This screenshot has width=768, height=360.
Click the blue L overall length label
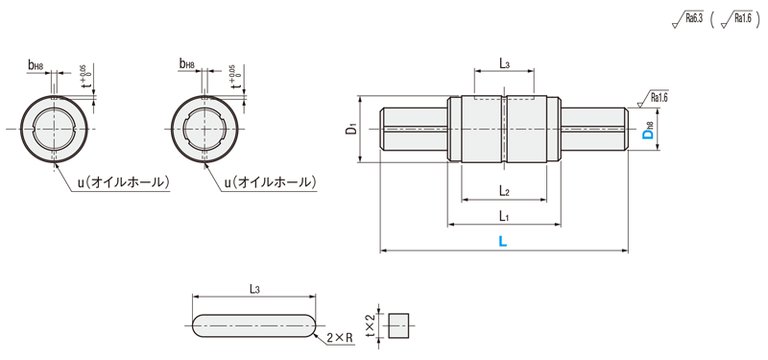point(502,241)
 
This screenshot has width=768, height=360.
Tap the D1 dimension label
point(349,130)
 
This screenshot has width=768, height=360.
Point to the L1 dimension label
point(503,215)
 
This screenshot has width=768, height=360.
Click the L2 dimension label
point(505,191)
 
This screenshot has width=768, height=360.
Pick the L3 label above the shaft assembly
point(505,62)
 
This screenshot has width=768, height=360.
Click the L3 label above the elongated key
point(254,289)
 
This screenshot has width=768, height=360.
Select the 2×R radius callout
point(341,338)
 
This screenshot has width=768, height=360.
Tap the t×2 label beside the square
point(372,324)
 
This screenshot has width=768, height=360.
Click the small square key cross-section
point(398,325)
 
